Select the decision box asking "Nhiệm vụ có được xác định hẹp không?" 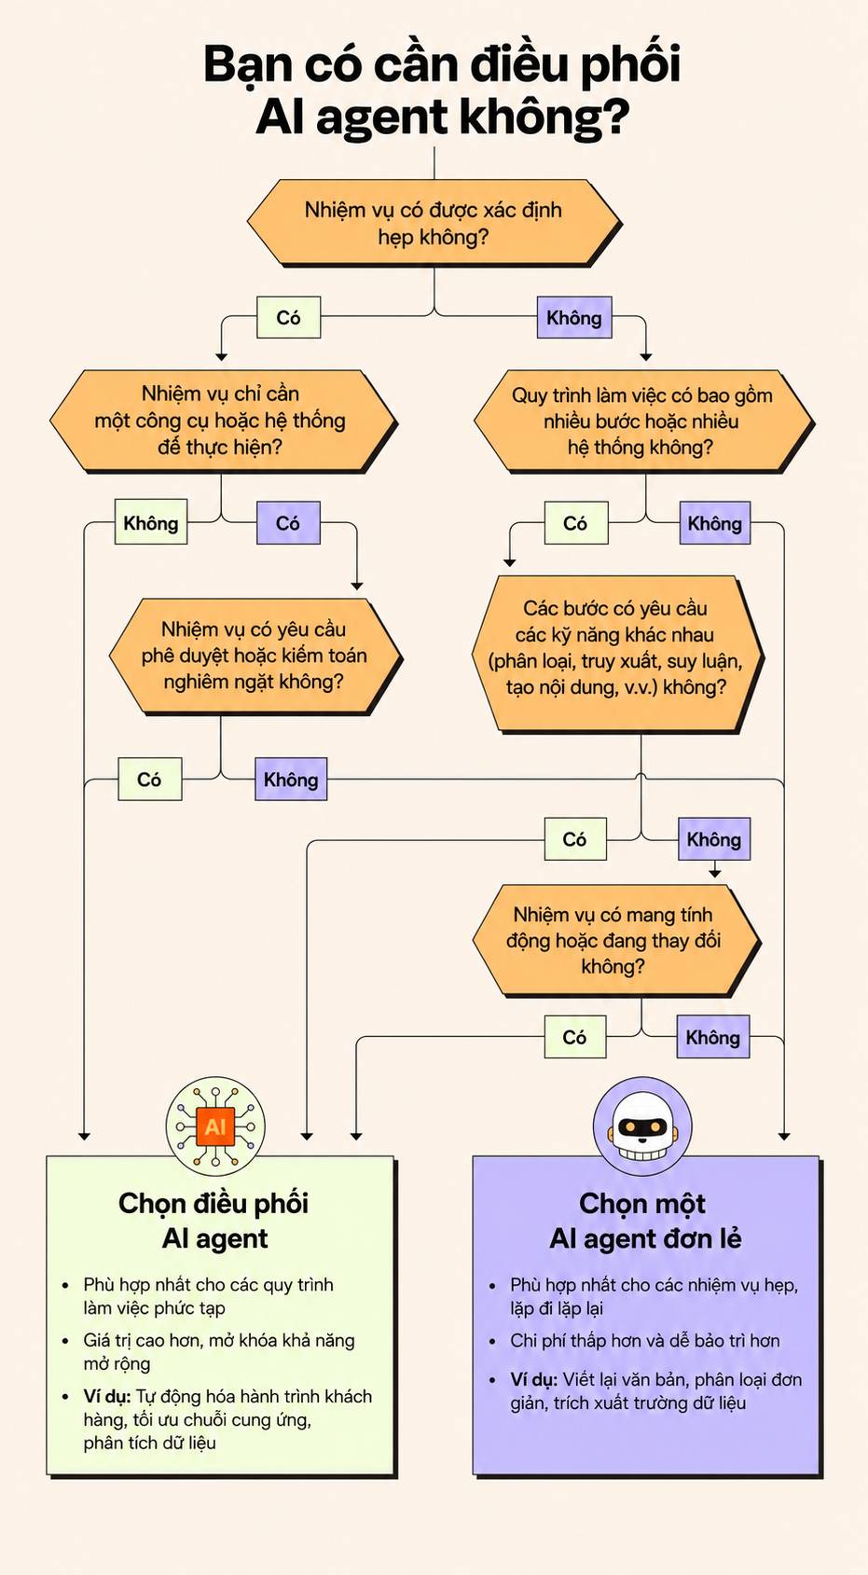pyautogui.click(x=434, y=222)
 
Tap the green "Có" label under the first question pyautogui.click(x=288, y=318)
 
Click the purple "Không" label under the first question pyautogui.click(x=574, y=318)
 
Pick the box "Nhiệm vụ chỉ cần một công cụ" pyautogui.click(x=223, y=421)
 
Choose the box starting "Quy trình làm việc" pyautogui.click(x=643, y=421)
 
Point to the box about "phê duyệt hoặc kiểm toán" pyautogui.click(x=255, y=656)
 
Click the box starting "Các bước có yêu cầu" pyautogui.click(x=616, y=655)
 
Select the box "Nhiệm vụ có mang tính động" pyautogui.click(x=615, y=940)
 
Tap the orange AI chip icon pyautogui.click(x=215, y=1126)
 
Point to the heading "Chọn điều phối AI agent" pyautogui.click(x=214, y=1221)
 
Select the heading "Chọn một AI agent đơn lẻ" pyautogui.click(x=644, y=1221)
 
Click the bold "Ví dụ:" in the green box pyautogui.click(x=107, y=1396)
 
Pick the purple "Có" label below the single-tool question pyautogui.click(x=288, y=522)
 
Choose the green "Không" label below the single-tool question pyautogui.click(x=151, y=522)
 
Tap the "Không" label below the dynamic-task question pyautogui.click(x=712, y=1037)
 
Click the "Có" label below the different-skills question pyautogui.click(x=575, y=839)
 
